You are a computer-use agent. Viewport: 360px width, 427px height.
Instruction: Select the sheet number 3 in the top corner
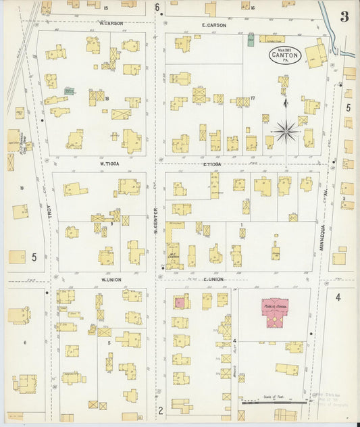point(344,16)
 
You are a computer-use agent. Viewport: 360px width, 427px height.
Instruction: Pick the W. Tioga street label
point(109,163)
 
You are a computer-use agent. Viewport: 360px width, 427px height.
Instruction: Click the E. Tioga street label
point(212,164)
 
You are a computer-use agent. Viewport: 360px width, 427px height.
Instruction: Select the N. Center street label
point(155,221)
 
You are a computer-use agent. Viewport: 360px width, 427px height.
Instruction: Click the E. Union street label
point(213,278)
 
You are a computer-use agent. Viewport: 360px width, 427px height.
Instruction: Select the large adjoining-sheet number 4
point(338,297)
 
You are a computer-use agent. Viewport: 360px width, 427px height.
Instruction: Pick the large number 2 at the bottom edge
point(161,409)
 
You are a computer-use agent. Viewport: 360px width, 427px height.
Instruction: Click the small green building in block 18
point(69,90)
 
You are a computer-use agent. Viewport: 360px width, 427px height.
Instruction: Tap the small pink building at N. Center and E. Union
point(180,303)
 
